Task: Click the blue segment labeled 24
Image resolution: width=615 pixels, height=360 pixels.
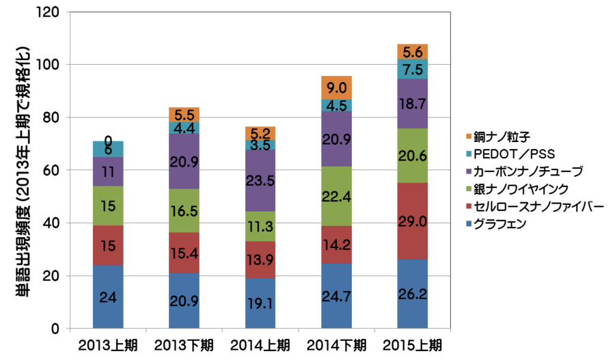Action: [108, 296]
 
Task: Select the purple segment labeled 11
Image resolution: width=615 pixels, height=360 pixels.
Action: [108, 171]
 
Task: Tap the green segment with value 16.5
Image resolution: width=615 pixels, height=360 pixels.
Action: [184, 210]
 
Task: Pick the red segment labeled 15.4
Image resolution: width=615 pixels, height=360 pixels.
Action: [184, 253]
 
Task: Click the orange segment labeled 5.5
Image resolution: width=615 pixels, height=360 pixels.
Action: [184, 114]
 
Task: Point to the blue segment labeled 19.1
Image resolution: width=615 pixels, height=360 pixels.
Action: [260, 303]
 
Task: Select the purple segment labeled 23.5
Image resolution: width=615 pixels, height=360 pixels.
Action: [260, 180]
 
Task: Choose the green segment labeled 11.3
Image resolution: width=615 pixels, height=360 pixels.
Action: [260, 226]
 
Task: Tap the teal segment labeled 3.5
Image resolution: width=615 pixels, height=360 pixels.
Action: [260, 146]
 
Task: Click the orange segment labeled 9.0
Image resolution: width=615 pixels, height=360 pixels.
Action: [336, 87]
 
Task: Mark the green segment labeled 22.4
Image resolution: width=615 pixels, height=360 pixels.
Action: [336, 196]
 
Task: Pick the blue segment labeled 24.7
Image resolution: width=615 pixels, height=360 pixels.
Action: [336, 296]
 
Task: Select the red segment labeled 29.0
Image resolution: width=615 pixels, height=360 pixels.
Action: [413, 221]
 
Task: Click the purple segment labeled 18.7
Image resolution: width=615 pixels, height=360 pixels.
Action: [413, 104]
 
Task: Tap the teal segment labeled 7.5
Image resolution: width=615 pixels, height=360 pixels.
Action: [413, 69]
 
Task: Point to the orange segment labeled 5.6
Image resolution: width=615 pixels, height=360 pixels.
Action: [413, 51]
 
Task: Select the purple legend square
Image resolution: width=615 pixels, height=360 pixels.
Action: [469, 171]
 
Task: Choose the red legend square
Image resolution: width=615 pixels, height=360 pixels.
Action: [469, 206]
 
